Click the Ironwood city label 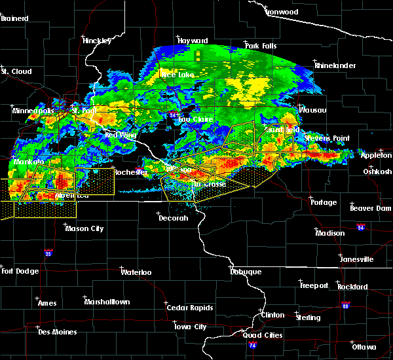click(282, 12)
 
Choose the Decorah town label click(174, 218)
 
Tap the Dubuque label click(246, 272)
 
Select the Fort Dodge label click(16, 271)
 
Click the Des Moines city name click(57, 332)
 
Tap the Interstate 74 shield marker click(253, 344)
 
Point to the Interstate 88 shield click(346, 305)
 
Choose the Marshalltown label click(107, 302)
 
